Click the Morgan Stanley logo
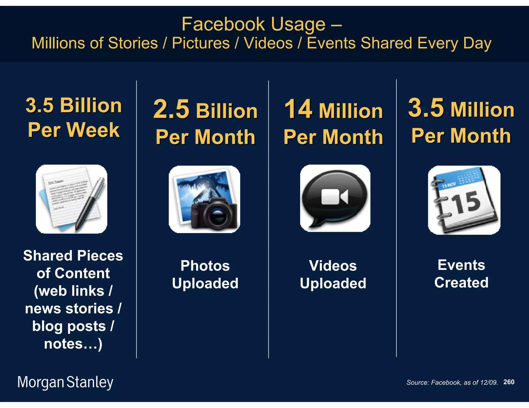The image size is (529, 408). [65, 382]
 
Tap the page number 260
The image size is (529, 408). [509, 382]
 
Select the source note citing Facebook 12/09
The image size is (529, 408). [452, 382]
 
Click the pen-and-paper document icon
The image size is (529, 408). [72, 199]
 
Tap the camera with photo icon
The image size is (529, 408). [204, 199]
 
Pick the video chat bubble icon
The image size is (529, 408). [335, 198]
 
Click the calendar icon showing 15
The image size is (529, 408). [464, 200]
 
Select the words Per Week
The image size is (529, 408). [74, 130]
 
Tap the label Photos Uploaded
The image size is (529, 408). [205, 274]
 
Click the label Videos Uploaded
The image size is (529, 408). [333, 274]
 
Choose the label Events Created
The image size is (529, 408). [461, 274]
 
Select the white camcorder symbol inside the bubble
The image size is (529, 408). [334, 197]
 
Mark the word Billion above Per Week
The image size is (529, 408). [91, 105]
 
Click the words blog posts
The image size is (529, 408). [69, 326]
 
